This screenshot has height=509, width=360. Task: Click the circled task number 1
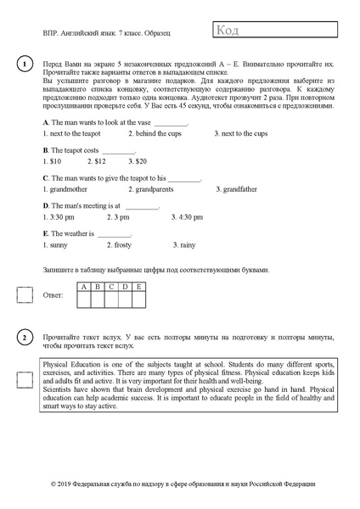click(25, 64)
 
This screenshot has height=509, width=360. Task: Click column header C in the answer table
click(111, 287)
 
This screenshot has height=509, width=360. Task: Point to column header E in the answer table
click(138, 287)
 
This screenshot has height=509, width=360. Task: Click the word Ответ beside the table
click(53, 296)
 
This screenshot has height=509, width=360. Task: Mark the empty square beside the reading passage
click(25, 379)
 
